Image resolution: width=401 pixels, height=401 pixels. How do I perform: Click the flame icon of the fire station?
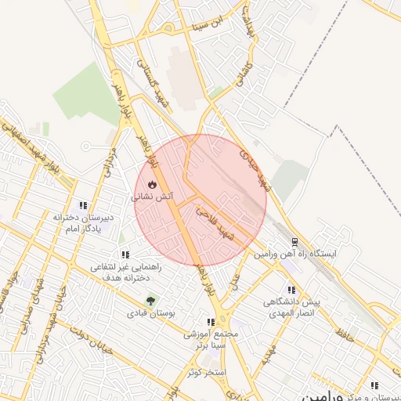click(151, 185)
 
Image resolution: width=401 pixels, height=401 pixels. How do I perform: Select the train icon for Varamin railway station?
click(294, 242)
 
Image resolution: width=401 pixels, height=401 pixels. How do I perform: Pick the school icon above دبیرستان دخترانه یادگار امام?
click(84, 204)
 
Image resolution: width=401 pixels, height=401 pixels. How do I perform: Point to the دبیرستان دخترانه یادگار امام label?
click(84, 222)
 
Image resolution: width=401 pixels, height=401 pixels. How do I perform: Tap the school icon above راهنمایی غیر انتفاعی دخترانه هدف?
click(125, 255)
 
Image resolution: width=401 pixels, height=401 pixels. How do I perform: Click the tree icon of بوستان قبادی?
click(150, 299)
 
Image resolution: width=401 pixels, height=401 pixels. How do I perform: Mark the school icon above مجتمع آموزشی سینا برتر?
click(210, 321)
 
